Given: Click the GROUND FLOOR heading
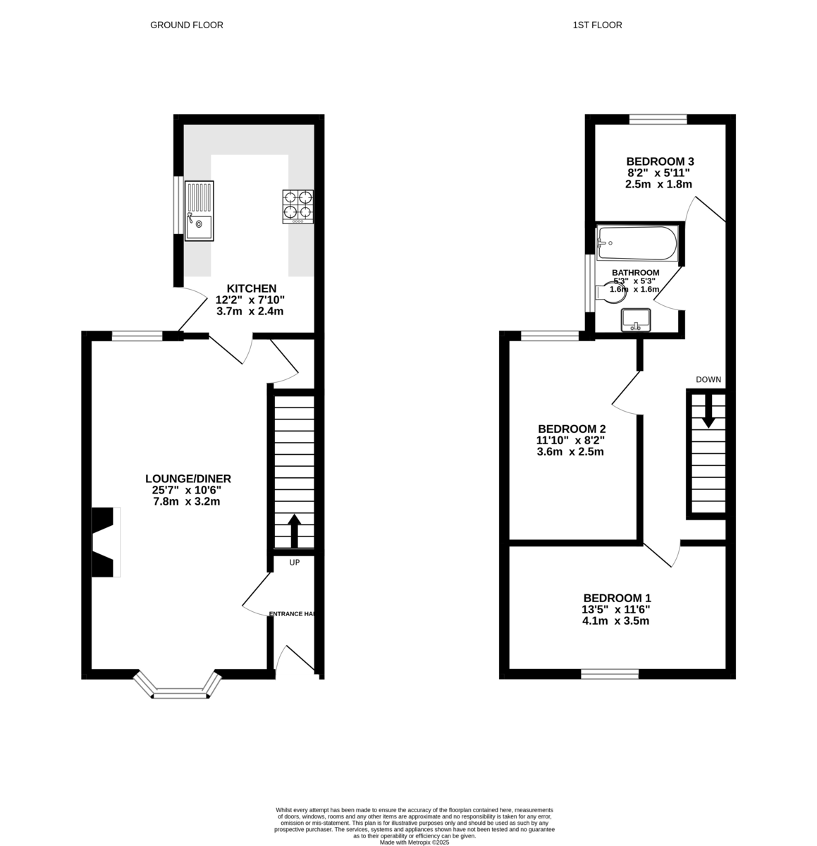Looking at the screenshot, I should coord(186,25).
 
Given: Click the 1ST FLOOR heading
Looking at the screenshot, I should coord(597,25).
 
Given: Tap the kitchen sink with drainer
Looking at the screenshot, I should coord(199,211).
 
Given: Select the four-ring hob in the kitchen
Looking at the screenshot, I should coord(297,207).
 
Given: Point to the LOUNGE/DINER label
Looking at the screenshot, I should coord(188,479).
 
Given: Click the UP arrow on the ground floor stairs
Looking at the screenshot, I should coord(293,531).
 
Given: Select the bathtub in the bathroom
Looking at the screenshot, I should coord(637,243).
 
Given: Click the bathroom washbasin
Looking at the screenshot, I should coord(636,320).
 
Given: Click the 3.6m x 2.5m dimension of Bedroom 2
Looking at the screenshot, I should coord(570,452).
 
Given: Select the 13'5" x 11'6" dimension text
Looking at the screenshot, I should coord(615,610).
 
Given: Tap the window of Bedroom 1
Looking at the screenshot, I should coord(610,675).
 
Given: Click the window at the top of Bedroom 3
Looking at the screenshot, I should coord(658,119).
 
